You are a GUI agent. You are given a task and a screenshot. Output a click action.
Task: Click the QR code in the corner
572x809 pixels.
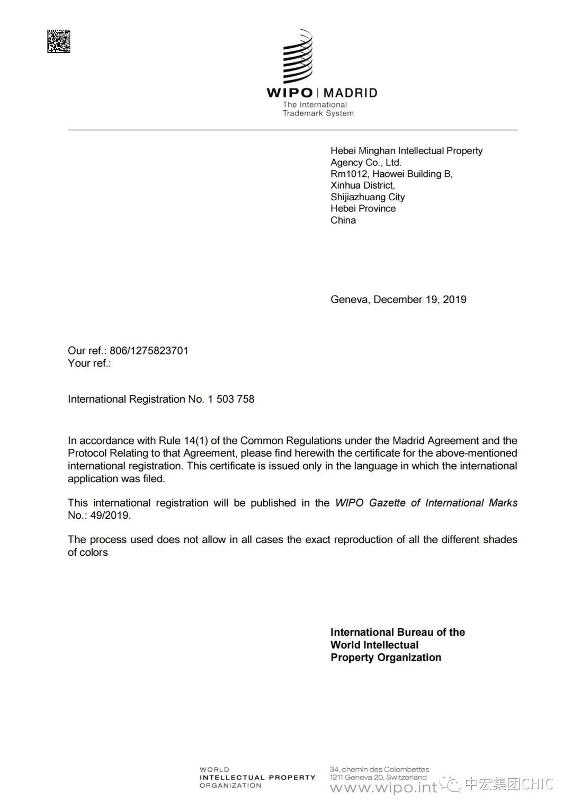59,41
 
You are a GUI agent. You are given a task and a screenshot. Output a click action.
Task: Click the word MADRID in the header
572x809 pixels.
351,93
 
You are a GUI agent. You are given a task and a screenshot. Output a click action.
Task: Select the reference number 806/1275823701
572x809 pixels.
149,351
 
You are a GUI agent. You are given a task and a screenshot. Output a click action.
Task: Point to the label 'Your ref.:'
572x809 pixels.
90,363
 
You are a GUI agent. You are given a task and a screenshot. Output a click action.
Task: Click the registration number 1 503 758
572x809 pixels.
231,399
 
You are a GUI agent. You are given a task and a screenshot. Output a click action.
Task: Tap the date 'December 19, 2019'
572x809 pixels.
420,299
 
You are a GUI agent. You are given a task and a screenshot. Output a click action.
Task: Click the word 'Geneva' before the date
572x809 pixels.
349,299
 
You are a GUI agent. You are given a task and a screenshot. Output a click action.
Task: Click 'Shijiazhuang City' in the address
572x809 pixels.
368,197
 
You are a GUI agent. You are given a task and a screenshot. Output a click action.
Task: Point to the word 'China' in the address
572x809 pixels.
343,220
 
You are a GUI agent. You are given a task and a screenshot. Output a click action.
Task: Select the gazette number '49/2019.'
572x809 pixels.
110,515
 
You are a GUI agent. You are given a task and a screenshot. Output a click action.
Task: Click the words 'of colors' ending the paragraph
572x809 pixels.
88,553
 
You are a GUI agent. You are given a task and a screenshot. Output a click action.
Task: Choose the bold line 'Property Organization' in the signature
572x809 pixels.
386,657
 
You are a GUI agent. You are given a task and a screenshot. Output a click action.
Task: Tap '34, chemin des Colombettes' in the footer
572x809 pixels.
379,769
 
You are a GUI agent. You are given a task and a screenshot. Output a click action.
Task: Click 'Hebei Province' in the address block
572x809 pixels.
363,209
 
